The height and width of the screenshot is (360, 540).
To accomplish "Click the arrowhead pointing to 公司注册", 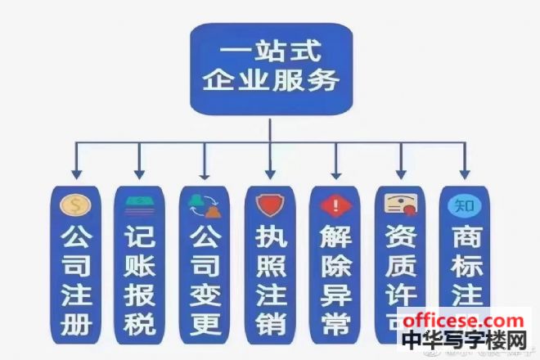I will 74,173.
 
